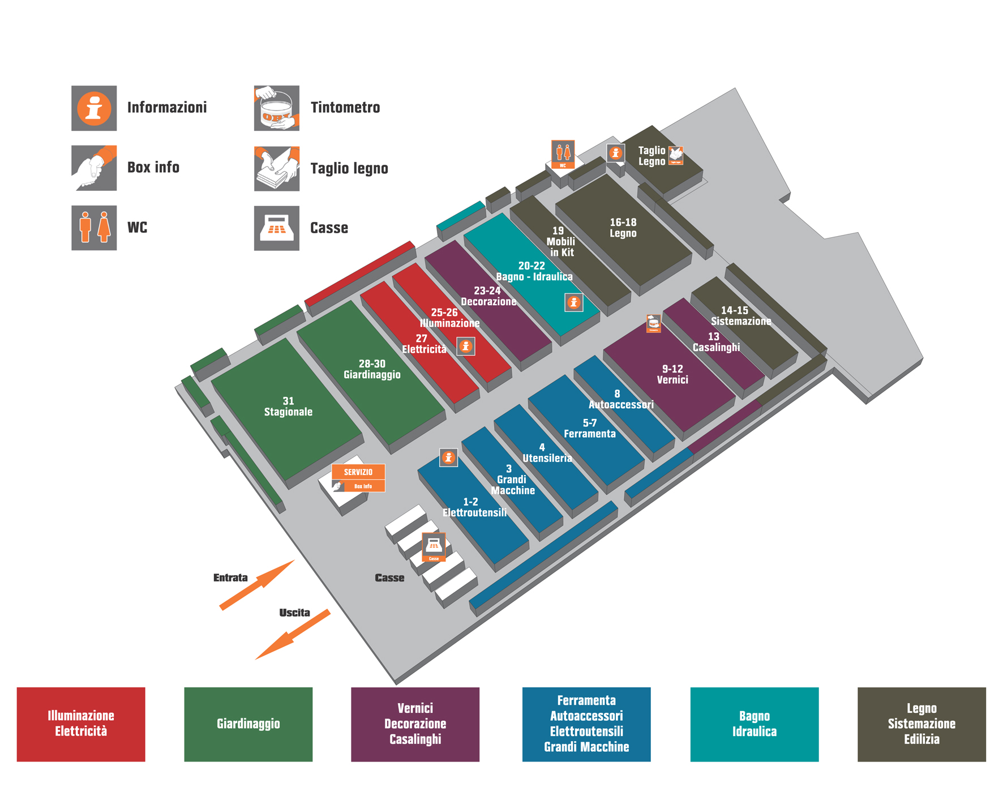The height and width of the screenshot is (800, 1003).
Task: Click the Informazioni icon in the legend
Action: coord(94,108)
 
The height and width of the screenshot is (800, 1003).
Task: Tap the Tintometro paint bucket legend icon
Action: coord(276,108)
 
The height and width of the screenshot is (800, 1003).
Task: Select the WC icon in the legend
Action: coord(94,228)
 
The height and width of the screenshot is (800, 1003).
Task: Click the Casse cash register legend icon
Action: coord(276,228)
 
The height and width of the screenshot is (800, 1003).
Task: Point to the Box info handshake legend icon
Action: coord(94,168)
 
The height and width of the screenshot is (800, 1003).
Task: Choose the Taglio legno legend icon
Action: coord(276,168)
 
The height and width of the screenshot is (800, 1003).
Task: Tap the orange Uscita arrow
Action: coord(292,635)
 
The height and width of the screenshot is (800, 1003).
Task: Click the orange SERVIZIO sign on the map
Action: coord(358,472)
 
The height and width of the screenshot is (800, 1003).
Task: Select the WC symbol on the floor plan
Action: coord(563,153)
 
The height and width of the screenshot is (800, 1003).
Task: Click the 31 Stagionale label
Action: coord(288,407)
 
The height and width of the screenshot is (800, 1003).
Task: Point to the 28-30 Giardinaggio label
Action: coord(372,369)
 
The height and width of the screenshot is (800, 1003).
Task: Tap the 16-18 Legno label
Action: coord(623,228)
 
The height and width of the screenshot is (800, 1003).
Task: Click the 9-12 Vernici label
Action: coord(672,374)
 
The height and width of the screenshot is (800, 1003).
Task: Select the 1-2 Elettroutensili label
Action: coord(474,507)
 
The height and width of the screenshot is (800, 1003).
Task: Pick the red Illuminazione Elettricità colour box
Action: coord(81,724)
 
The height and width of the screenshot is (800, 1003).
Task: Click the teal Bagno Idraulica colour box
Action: coord(754,724)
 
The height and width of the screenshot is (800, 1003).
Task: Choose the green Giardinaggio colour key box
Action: coord(248,724)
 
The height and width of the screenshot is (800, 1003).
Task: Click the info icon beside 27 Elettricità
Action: coord(466,346)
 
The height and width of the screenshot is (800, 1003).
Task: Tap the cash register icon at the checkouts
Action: coord(434,546)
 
